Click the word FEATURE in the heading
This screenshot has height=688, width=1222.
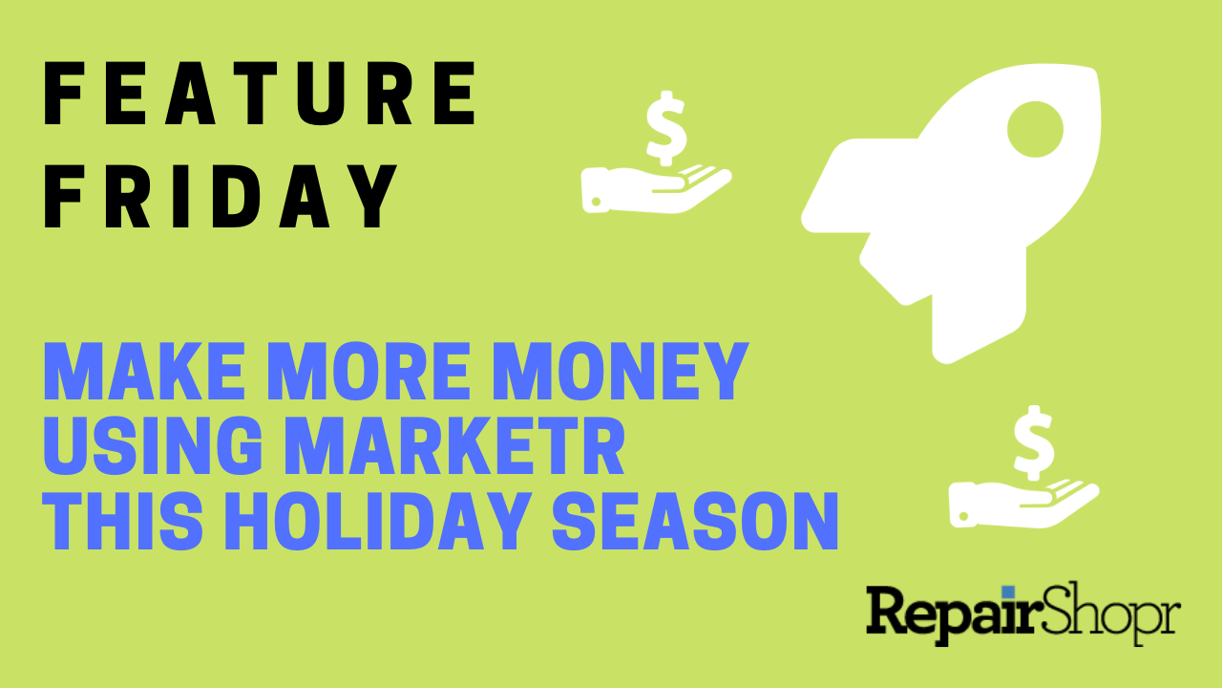pyautogui.click(x=260, y=94)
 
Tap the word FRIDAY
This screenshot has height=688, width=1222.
pyautogui.click(x=221, y=196)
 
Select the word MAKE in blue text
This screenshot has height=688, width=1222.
pyautogui.click(x=144, y=372)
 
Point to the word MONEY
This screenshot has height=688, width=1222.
pyautogui.click(x=621, y=372)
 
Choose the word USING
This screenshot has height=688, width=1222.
pyautogui.click(x=152, y=445)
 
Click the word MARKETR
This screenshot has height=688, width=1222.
pyautogui.click(x=454, y=445)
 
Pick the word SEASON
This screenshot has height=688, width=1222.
pyautogui.click(x=695, y=521)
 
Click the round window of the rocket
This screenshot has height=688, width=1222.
pyautogui.click(x=1035, y=129)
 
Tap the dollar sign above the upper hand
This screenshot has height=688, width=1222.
pyautogui.click(x=666, y=128)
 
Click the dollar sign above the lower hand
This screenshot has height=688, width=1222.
pyautogui.click(x=1033, y=443)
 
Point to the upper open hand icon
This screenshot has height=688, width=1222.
pyautogui.click(x=655, y=190)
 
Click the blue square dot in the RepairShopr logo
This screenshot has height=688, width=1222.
pyautogui.click(x=1008, y=592)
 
